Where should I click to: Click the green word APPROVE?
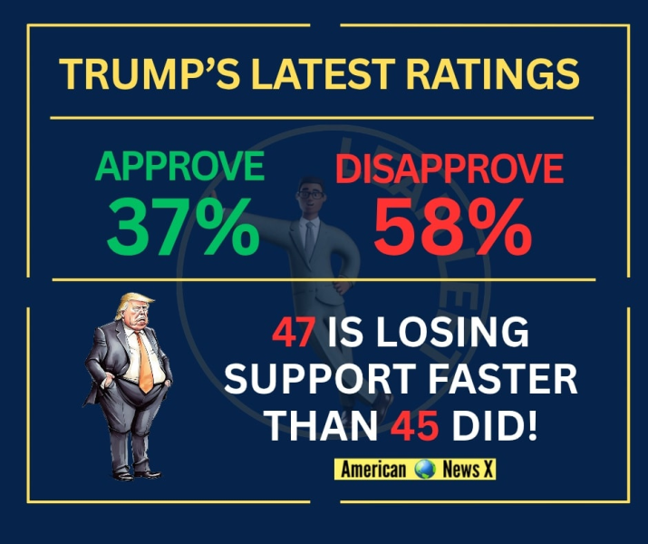tap(180, 168)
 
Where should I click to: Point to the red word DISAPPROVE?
tap(450, 170)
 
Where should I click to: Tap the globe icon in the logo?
tap(424, 470)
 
